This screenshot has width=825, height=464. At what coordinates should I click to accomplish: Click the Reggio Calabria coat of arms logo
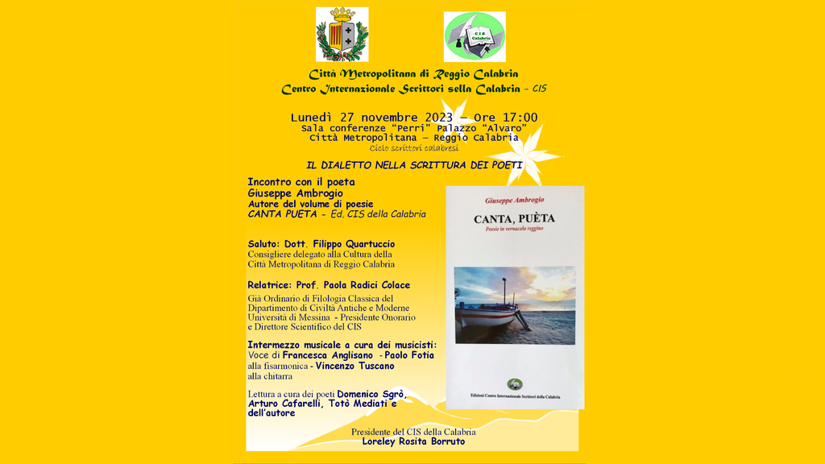coord(342,35)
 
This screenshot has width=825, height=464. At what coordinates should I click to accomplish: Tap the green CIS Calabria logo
coord(475,37)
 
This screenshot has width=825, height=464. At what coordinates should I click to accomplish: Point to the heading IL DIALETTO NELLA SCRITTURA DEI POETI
coord(414,165)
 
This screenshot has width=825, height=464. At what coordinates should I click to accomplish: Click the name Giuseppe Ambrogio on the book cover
coord(514,200)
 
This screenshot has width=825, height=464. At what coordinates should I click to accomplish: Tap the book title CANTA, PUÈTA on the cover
coord(514,218)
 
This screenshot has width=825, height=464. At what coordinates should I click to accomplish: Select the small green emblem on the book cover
coord(514,384)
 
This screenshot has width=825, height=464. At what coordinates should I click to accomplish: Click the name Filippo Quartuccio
coord(354,244)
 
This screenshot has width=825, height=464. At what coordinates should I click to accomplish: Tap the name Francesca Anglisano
coord(327,355)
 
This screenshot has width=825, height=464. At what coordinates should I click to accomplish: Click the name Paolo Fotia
coord(408,355)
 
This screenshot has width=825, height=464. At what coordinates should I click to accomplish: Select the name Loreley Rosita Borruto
coord(413,441)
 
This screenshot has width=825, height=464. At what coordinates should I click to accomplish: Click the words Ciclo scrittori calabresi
coord(414,148)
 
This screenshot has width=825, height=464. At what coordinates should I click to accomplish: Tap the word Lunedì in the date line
coord(314,118)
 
